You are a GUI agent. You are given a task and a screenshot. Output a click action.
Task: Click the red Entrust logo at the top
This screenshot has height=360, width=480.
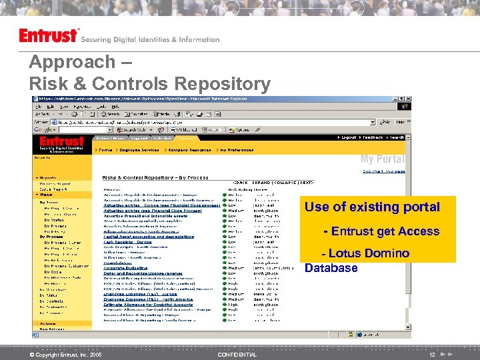49,36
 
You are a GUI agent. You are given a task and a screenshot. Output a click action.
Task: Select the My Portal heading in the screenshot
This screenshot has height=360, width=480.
382,159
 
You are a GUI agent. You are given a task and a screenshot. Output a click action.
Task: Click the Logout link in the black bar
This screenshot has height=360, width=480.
349,138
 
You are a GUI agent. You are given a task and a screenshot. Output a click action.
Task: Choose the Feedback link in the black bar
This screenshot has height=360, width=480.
373,138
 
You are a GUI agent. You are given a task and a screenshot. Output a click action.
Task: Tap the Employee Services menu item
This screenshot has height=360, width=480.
138,150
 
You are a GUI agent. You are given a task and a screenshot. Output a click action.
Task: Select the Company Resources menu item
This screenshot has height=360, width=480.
189,150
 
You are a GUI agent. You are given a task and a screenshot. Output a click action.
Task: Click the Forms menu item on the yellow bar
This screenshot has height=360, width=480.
105,150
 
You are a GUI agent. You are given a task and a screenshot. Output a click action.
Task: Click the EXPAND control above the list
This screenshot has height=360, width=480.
261,182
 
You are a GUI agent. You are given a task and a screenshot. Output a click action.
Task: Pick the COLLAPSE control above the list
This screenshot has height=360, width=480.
285,182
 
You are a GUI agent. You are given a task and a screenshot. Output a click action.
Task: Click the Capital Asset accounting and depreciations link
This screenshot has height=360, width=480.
149,236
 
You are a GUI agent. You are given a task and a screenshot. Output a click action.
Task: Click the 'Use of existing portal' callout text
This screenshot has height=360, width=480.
372,207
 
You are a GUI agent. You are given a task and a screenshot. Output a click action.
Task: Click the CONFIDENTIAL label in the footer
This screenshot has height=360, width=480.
237,355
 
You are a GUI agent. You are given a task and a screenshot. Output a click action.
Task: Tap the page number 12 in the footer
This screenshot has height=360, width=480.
433,355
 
